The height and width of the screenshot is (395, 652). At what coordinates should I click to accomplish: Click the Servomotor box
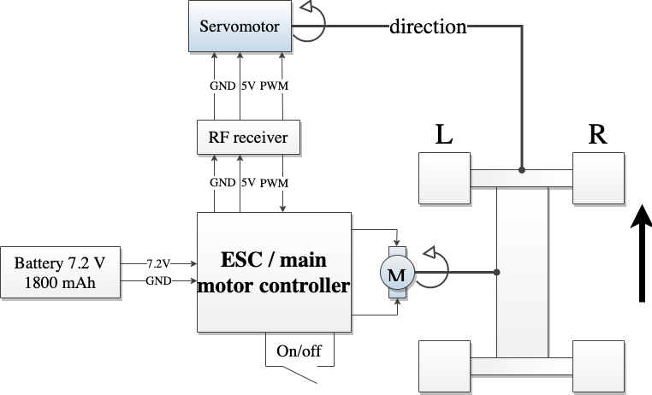tap(240, 27)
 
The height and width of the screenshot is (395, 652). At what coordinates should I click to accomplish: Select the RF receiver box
tap(248, 137)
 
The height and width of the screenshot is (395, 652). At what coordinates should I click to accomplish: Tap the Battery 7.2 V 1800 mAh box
tap(60, 273)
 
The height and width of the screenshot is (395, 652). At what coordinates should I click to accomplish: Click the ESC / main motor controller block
tap(274, 273)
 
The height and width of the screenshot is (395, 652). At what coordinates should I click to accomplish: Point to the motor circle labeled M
tap(396, 274)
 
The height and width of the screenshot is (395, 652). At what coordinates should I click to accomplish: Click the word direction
tap(428, 27)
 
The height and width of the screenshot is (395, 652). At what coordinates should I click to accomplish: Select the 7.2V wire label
tap(158, 263)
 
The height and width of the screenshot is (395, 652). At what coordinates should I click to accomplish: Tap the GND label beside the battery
tap(158, 280)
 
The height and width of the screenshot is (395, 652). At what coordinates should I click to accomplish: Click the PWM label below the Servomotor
tap(274, 86)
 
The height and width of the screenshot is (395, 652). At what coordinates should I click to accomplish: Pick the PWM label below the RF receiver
tap(274, 183)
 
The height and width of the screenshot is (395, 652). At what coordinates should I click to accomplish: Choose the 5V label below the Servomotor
tap(248, 86)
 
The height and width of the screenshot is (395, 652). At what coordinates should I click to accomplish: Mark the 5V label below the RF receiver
tap(248, 183)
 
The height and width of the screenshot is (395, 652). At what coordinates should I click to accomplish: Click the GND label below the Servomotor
tap(222, 86)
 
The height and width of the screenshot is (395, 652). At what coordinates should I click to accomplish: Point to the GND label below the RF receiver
tap(222, 183)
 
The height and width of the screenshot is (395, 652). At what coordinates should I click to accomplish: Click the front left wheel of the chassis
tap(445, 178)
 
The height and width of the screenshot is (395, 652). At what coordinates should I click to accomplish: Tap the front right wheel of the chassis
tap(598, 178)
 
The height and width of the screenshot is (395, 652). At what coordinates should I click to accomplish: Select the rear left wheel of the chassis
tap(445, 366)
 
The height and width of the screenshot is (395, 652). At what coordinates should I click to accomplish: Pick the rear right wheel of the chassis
tap(598, 366)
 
